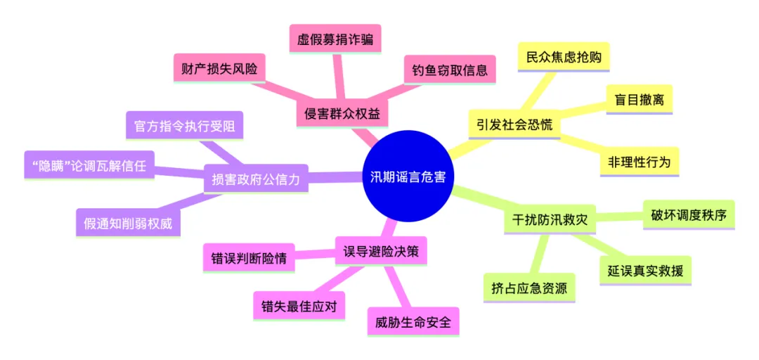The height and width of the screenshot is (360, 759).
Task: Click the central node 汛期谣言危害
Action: pos(409,177)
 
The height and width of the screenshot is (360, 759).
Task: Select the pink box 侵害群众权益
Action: pos(343,113)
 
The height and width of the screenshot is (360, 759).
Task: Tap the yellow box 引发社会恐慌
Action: pos(514,126)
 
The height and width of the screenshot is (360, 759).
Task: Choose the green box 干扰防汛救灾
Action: pos(550,217)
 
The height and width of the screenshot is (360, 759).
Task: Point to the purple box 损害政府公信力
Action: pos(256,179)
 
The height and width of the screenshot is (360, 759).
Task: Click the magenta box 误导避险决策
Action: pos(381,252)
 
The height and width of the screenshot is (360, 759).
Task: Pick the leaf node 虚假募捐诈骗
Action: pos(335,39)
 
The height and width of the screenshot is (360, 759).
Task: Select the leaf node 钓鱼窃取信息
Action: pos(450,70)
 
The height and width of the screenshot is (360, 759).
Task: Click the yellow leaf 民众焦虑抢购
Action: pos(564,57)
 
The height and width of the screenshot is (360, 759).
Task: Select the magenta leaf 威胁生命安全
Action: pos(413,322)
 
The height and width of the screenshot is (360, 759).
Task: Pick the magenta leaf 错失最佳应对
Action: pos(299,307)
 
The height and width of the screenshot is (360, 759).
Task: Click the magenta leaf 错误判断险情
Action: pos(249,258)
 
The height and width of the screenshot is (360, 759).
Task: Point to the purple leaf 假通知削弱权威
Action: pos(129,223)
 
